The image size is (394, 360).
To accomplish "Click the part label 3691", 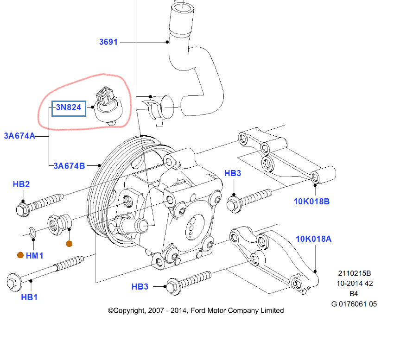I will click(108, 42).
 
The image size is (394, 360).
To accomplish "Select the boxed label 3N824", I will click(69, 108).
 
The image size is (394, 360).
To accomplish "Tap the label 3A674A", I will click(19, 136).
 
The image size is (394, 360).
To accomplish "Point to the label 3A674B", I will click(69, 165).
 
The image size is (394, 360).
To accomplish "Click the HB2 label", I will click(21, 184).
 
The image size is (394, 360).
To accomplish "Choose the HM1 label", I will click(35, 255).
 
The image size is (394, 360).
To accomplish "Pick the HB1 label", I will click(29, 297).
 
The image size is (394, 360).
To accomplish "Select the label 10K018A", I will click(314, 239).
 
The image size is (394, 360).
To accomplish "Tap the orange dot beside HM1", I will click(20, 255).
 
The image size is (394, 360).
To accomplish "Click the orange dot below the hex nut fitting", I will click(69, 244).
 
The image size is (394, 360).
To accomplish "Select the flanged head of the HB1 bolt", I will click(13, 282).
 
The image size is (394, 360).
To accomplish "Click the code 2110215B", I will click(355, 273).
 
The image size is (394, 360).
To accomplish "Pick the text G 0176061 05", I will click(354, 304).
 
